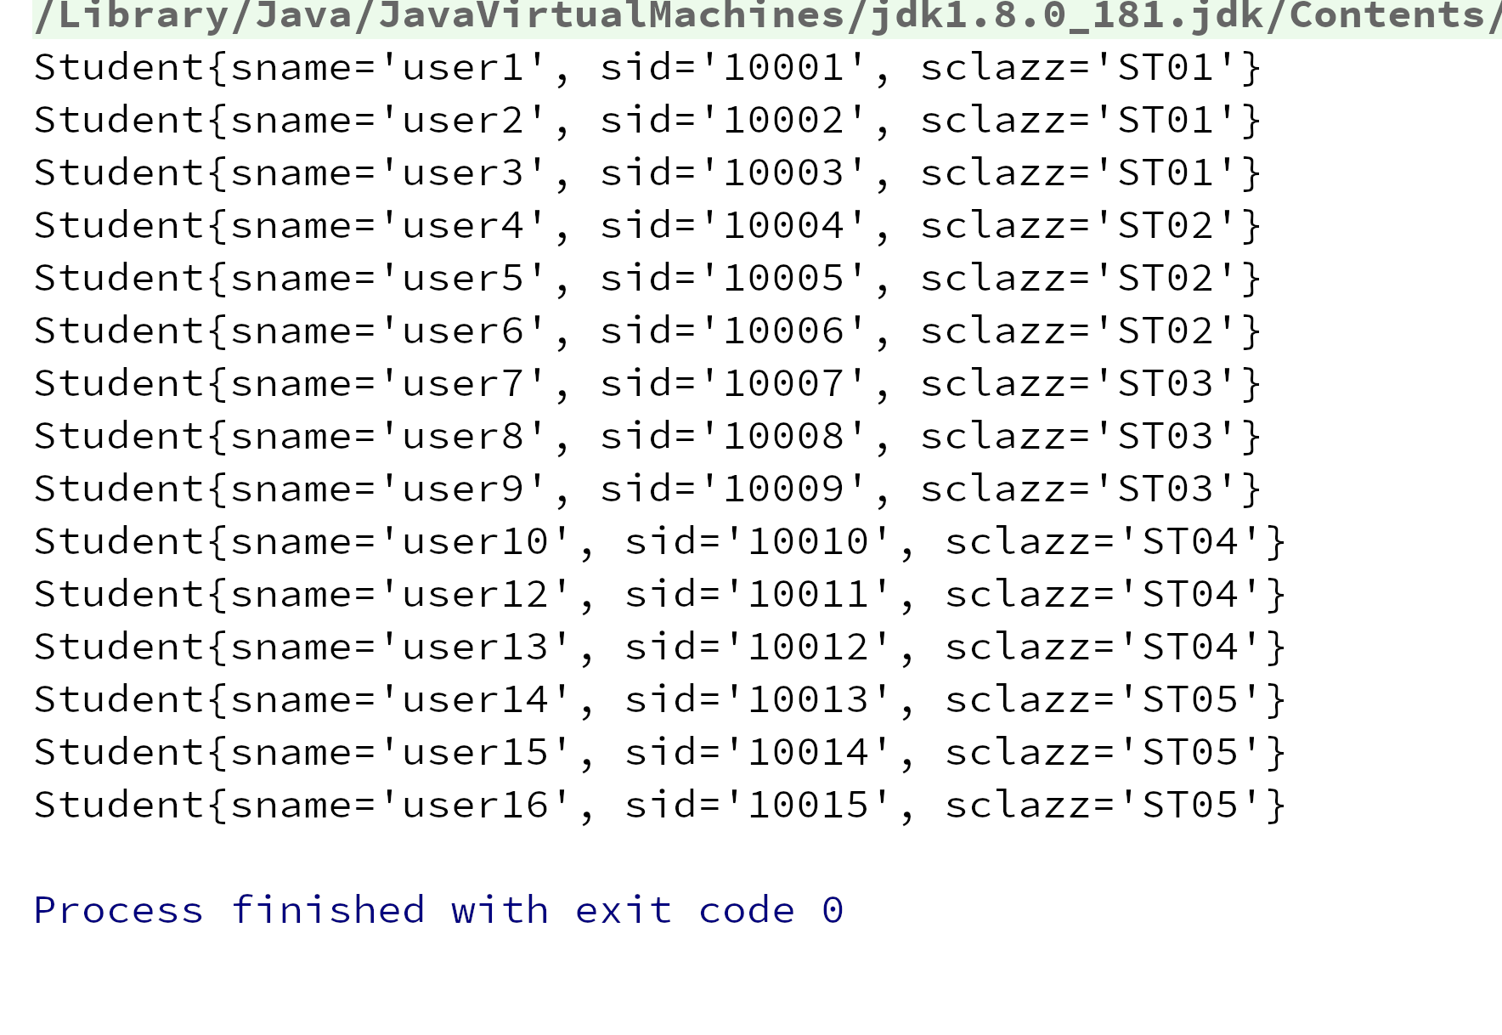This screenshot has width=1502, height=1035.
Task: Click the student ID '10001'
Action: point(783,68)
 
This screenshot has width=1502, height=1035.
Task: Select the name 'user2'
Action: point(463,121)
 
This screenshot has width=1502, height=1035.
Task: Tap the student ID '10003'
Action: point(783,173)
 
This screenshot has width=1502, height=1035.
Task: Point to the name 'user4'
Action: point(463,226)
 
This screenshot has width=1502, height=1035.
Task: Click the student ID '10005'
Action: point(783,279)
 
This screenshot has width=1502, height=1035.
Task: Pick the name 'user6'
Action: point(463,331)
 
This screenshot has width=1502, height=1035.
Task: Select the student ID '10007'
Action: point(783,384)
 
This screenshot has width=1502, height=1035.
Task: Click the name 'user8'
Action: point(463,437)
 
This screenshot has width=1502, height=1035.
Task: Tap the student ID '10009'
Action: point(783,489)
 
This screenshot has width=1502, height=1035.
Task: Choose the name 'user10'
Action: point(476,542)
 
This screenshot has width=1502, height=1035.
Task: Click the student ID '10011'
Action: point(808,595)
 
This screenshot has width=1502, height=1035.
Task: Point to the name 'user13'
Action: point(476,648)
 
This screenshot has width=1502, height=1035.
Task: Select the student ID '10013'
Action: point(808,700)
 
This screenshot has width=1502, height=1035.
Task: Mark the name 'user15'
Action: point(476,753)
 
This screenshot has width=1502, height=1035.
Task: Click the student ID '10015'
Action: point(808,806)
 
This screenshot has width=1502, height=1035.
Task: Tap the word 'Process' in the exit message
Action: point(119,910)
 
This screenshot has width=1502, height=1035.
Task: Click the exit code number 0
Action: point(833,911)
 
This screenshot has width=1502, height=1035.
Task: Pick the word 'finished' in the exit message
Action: point(328,910)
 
